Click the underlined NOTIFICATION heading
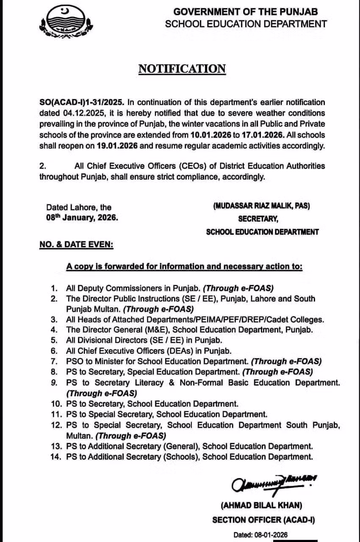182,69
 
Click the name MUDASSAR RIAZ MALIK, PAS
261,206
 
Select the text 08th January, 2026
83,218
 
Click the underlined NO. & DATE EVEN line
76,245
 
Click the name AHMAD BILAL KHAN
261,506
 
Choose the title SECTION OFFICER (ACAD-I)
263,520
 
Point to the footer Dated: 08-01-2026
260,534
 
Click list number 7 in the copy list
54,361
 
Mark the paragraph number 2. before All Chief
42,166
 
